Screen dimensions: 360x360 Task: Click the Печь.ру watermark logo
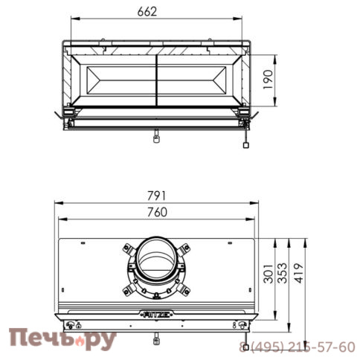tap(62, 340)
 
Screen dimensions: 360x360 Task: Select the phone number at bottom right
tap(298, 347)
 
